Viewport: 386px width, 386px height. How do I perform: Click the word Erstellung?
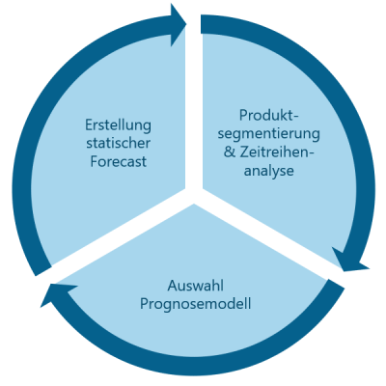[118, 125]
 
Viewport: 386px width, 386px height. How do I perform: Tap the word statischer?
[118, 143]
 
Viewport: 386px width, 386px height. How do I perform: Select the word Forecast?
[118, 161]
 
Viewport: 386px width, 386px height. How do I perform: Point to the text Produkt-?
[269, 115]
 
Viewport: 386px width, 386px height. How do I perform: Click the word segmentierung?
[269, 134]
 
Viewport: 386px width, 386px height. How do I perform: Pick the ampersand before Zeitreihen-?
[230, 152]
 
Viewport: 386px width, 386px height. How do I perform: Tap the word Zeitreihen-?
[276, 152]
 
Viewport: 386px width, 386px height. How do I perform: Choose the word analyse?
[269, 171]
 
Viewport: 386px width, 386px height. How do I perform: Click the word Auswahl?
[196, 286]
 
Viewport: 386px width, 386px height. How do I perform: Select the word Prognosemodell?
[196, 304]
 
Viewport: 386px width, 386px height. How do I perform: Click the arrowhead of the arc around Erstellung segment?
[178, 24]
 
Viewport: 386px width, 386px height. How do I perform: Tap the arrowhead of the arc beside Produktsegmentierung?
[349, 260]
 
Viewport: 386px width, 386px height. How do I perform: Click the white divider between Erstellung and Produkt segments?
[194, 106]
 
